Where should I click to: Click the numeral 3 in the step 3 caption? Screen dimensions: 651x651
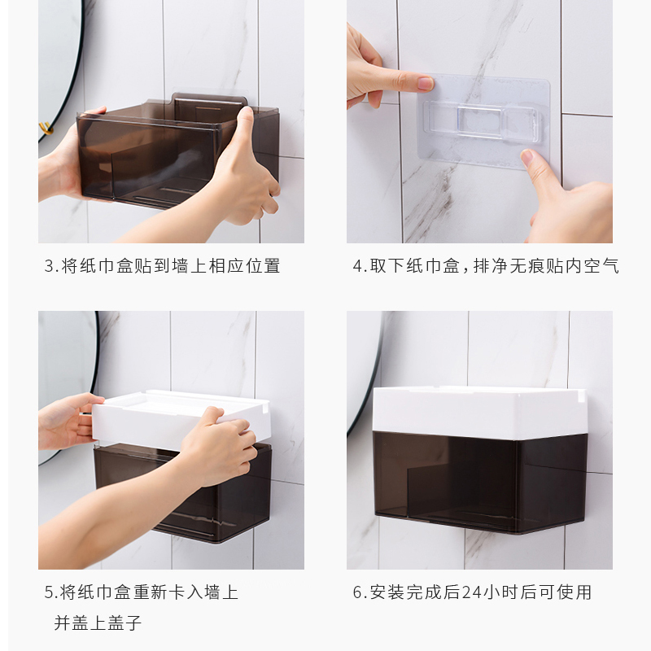(49, 266)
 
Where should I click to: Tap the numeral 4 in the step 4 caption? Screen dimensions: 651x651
(357, 266)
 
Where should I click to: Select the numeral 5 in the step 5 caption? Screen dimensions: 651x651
(49, 592)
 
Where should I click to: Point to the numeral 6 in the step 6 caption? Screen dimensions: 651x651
(357, 592)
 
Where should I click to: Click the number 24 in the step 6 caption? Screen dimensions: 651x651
(471, 592)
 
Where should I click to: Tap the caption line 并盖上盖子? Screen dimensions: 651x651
(98, 623)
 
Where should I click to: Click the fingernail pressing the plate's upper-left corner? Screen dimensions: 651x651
(425, 84)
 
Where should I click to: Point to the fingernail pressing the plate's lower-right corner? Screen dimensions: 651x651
(526, 157)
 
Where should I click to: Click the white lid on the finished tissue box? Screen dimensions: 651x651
(479, 413)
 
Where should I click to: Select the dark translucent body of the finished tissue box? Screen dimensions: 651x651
(479, 482)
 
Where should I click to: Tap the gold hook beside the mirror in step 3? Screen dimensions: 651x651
(46, 129)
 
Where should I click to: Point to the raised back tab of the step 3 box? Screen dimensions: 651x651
(210, 101)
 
